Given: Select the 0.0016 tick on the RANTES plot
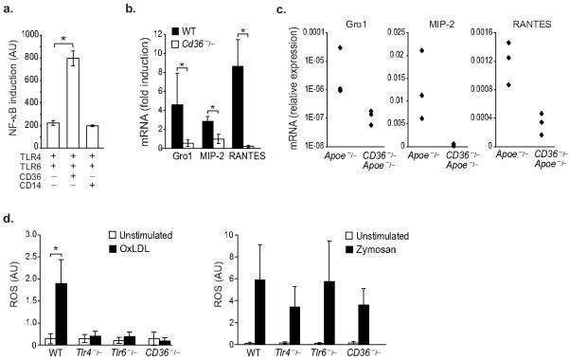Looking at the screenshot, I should (469, 32).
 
